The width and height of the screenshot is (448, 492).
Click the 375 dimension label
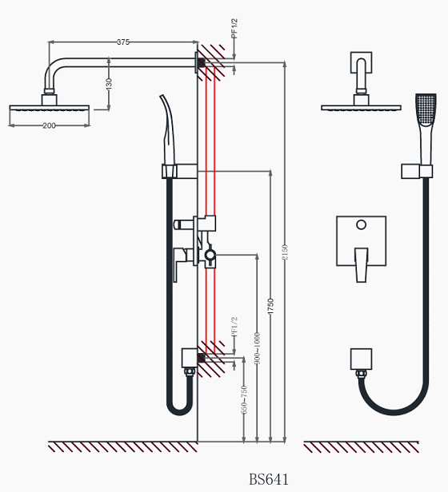click(x=123, y=42)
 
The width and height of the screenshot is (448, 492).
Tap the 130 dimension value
click(x=109, y=84)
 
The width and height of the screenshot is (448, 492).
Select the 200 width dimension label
click(x=49, y=125)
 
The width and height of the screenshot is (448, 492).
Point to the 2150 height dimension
click(x=285, y=252)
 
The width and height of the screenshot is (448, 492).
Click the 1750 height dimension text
click(x=270, y=306)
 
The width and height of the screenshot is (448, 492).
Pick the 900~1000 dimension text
click(x=257, y=348)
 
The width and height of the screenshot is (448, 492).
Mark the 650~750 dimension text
click(x=244, y=399)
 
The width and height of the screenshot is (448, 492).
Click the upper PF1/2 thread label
click(x=234, y=28)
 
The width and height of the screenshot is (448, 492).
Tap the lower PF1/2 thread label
click(x=234, y=327)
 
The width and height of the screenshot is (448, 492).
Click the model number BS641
click(x=269, y=479)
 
